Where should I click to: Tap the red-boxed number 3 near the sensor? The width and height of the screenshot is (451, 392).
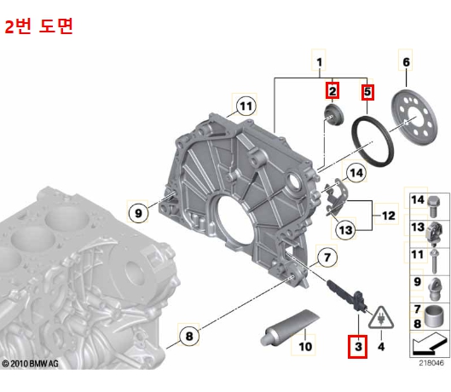[x=356, y=347]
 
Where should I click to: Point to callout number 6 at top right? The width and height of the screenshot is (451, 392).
[x=406, y=62]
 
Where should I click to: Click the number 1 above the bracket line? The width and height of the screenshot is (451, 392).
[x=320, y=62]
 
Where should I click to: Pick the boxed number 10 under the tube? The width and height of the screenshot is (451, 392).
[x=305, y=348]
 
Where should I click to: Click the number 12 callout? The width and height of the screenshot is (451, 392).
[x=388, y=216]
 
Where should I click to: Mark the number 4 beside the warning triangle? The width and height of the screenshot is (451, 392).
[x=380, y=347]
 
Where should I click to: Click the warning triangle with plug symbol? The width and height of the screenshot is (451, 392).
[x=378, y=321]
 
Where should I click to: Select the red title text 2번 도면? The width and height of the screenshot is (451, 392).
[x=39, y=26]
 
